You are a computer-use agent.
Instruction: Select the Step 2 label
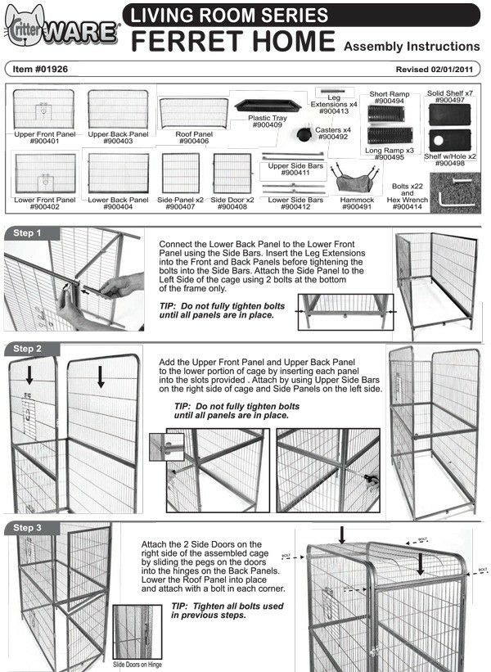(x=27, y=349)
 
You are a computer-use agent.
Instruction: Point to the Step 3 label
(x=27, y=528)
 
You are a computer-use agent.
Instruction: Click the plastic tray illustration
(x=265, y=106)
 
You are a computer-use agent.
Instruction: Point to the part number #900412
(x=293, y=207)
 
